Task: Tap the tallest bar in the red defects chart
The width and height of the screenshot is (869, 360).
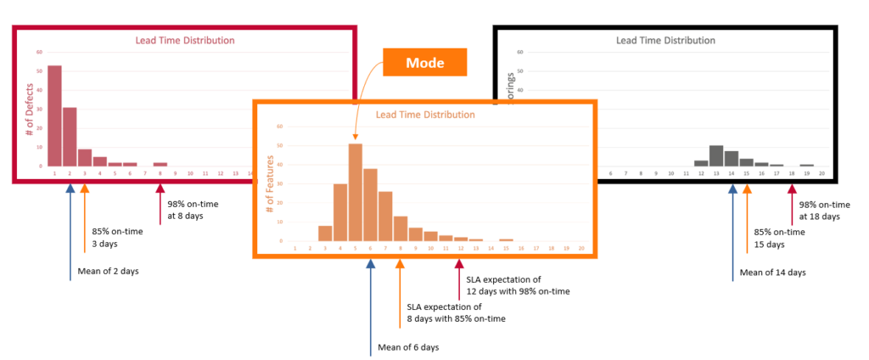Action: pos(54,115)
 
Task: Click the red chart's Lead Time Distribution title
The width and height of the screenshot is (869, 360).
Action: pos(185,40)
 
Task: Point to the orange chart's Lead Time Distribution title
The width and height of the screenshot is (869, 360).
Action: pos(425,115)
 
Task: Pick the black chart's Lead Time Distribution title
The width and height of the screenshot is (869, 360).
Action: pos(665,40)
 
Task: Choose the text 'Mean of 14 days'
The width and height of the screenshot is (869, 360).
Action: pos(772,273)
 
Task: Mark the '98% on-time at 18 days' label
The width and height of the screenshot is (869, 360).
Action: pos(819,210)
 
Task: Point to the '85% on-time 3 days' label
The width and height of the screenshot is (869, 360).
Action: pos(117,237)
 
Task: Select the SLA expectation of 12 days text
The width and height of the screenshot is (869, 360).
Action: pos(517,284)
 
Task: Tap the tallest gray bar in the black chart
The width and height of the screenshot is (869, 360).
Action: pos(716,156)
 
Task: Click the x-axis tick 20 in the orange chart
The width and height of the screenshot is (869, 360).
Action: pos(581,249)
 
